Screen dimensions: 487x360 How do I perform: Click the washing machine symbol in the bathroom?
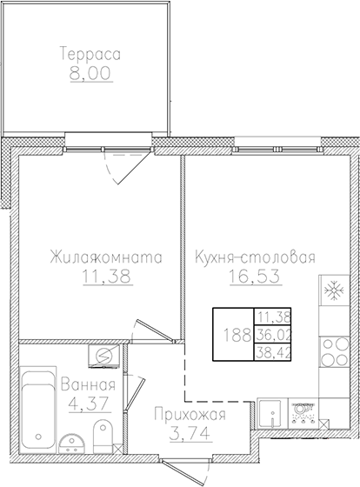[103, 355]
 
